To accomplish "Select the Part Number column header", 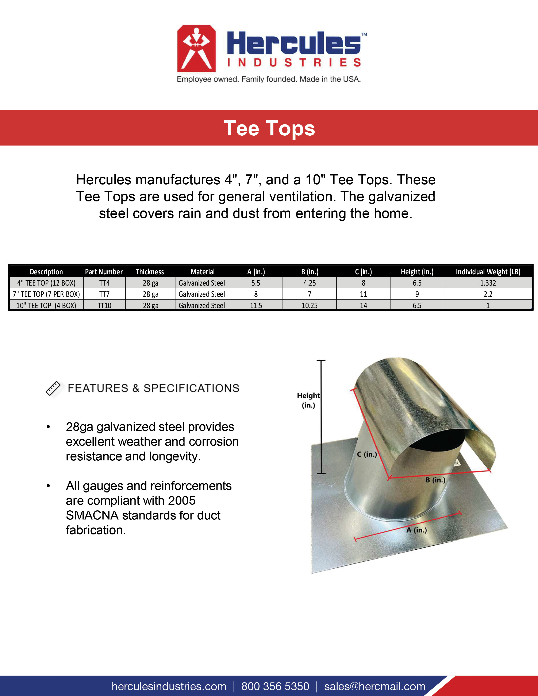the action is click(x=104, y=272).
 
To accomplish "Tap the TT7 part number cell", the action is click(x=104, y=294).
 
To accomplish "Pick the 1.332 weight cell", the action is click(x=488, y=283).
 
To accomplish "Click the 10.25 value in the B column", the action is click(x=310, y=306).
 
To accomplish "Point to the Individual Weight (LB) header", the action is click(x=488, y=272).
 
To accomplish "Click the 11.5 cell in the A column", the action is click(x=256, y=306).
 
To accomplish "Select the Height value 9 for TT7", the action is click(x=417, y=294).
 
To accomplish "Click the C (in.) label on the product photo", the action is click(x=367, y=455).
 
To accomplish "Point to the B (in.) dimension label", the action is click(x=435, y=480).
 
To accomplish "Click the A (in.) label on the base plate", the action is click(x=416, y=530).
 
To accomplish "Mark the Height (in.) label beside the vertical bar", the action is click(x=308, y=400).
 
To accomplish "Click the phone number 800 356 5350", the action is click(x=275, y=686).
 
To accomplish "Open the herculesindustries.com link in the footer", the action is click(x=169, y=686).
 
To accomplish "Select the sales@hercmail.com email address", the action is click(x=375, y=686).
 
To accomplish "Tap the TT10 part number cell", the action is click(x=104, y=306).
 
